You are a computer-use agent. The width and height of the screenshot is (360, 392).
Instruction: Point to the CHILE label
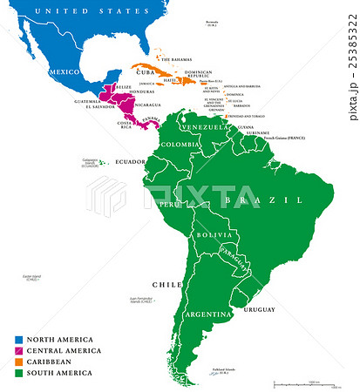(x=169, y=284)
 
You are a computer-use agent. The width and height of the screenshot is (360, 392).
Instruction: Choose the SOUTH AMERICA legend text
(x=58, y=373)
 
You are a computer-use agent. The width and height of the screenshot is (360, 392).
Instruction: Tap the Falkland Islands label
(x=225, y=371)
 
